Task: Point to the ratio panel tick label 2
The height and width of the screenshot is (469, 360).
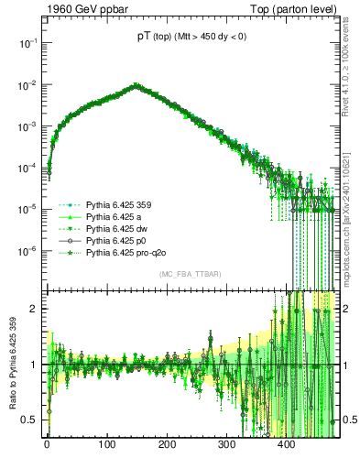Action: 36,309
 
